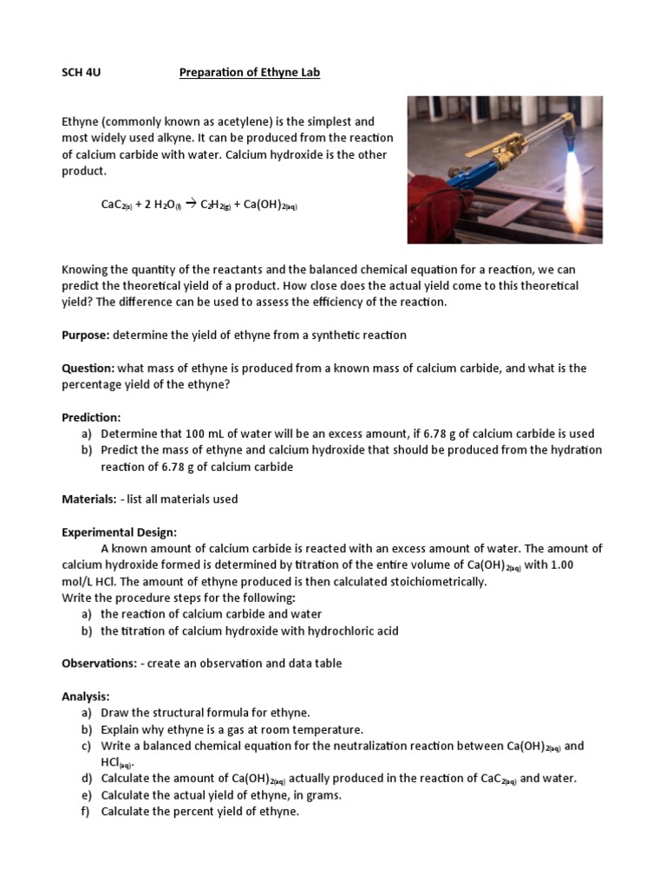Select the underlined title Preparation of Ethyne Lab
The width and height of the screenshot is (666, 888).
tap(250, 73)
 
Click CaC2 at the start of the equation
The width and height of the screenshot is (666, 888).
tap(114, 206)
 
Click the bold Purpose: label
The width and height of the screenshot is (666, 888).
tap(86, 335)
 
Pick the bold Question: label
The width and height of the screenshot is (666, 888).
tap(88, 368)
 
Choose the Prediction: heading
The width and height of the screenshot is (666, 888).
tap(91, 417)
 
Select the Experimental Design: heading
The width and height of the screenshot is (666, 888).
tap(119, 532)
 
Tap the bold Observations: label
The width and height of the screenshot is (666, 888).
tap(99, 663)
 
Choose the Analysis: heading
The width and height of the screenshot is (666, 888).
tap(85, 696)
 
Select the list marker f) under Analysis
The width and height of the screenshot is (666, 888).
tap(86, 812)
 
